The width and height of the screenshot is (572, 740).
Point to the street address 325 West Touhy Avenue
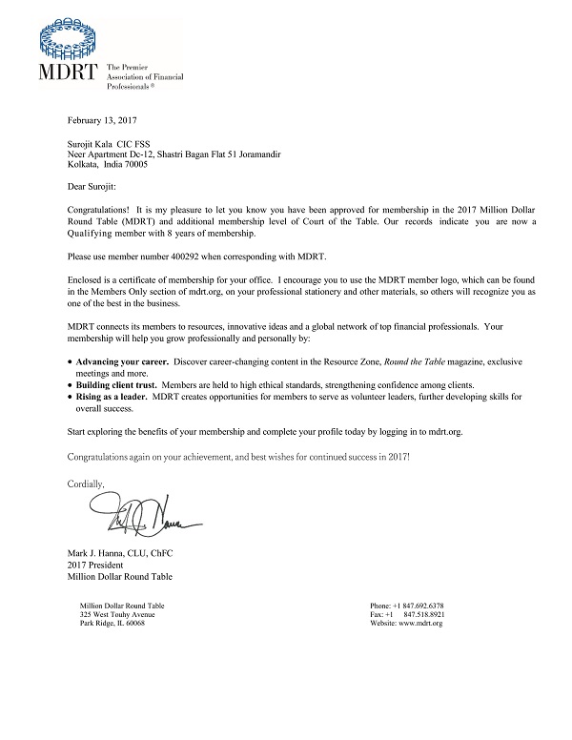coord(118,615)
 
